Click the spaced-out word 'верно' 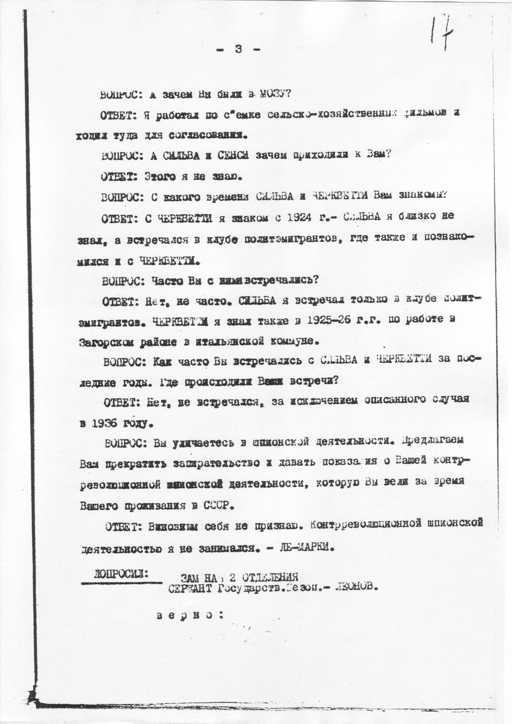coord(187,615)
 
